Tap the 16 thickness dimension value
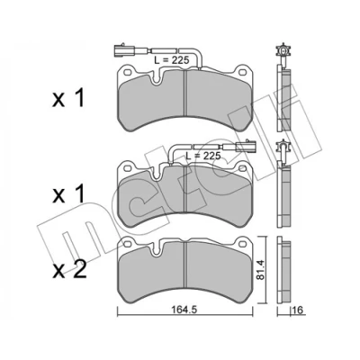coord(299,310)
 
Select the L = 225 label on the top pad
coord(172,60)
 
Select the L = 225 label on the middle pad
coord(203,156)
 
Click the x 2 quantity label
coord(69,269)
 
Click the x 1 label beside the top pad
coord(68,98)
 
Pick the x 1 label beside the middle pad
coord(68,194)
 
